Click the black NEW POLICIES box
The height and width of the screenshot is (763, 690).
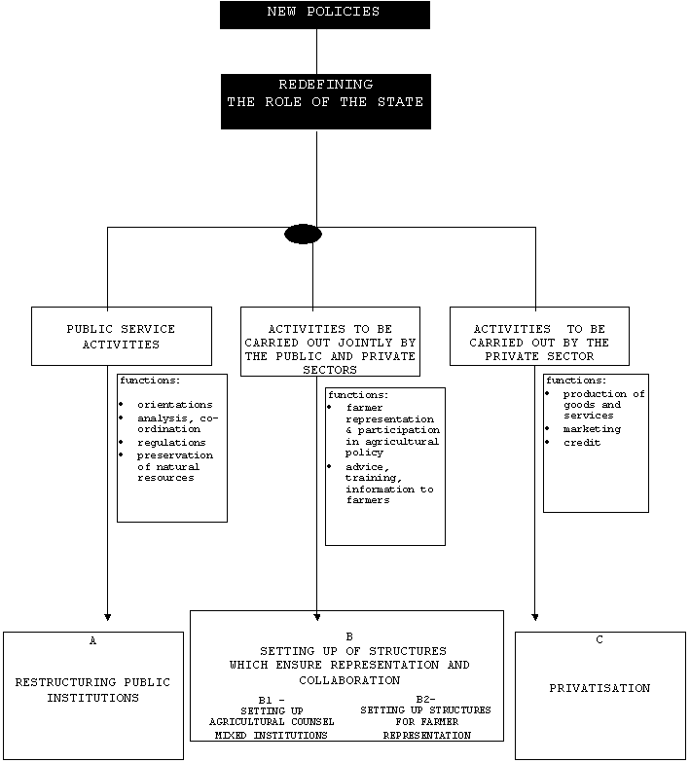point(324,14)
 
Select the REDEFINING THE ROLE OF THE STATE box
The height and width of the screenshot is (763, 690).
point(324,101)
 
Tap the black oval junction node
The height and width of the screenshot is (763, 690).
point(303,234)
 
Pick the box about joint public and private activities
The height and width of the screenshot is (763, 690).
point(331,343)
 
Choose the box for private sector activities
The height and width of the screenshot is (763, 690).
point(539,336)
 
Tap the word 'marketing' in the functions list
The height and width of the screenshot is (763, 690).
point(592,429)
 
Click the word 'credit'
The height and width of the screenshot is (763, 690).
point(582,443)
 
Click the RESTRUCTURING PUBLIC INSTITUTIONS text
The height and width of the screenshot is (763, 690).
point(92,689)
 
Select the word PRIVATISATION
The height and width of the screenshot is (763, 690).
point(599,688)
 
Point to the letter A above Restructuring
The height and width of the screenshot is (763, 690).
point(92,641)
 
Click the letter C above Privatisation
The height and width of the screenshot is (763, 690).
point(599,640)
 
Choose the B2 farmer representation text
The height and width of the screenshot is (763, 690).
point(425,722)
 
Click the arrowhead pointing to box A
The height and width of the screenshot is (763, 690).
point(107,617)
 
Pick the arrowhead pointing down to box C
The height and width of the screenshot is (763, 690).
point(535,617)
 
